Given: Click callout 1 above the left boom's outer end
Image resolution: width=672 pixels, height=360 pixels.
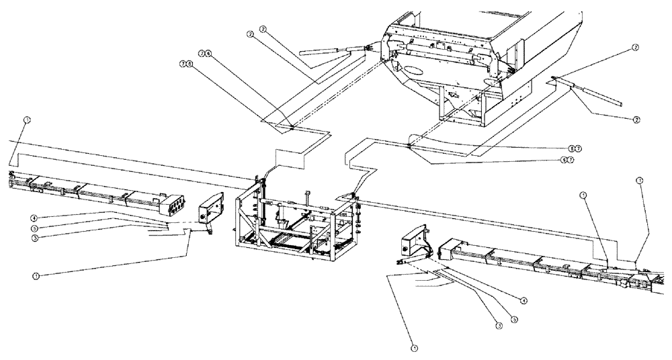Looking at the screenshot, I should pyautogui.click(x=26, y=120).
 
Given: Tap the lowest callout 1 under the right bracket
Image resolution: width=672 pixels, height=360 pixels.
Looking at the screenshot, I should pyautogui.click(x=413, y=348).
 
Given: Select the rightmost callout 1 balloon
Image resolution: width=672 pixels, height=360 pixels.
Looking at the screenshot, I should pyautogui.click(x=639, y=181).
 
